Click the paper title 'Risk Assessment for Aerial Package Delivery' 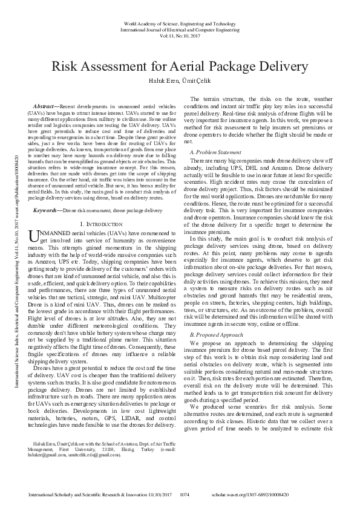click(179, 66)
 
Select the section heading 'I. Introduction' click(106, 224)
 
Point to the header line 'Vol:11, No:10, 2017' click(179, 36)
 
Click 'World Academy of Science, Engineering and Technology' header click(179, 24)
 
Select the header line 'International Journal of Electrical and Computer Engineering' click(179, 30)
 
